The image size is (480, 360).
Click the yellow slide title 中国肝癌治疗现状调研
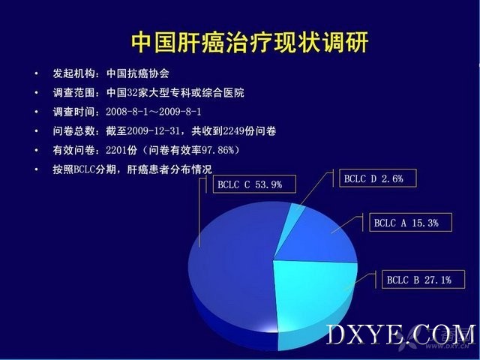point(250,42)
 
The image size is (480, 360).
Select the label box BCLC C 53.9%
point(254,184)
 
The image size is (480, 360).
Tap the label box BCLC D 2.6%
point(378,178)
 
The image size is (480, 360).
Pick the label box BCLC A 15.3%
point(410,223)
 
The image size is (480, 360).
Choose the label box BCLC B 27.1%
point(423,280)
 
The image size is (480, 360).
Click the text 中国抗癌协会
point(138,73)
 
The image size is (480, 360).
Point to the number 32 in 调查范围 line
point(132,93)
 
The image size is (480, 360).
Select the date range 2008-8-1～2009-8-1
point(154,112)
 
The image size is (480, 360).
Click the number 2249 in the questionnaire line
point(233,131)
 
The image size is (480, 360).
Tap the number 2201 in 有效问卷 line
point(117,150)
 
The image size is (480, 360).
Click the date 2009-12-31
point(153,131)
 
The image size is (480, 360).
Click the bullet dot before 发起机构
point(37,73)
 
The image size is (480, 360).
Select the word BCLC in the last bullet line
point(84,169)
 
